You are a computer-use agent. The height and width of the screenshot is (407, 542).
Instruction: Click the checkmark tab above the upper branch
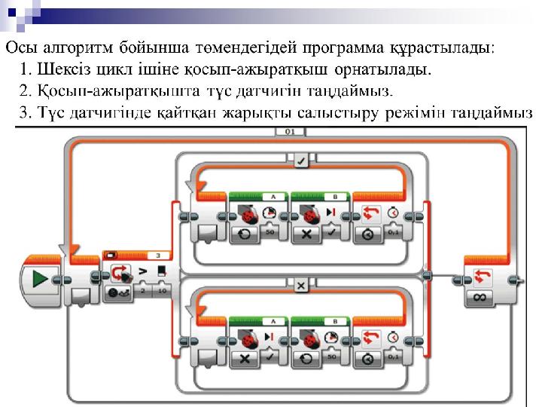coord(300,159)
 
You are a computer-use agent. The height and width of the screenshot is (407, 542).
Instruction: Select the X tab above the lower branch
coord(300,286)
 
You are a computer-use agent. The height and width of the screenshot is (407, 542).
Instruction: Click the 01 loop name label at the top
coord(290,132)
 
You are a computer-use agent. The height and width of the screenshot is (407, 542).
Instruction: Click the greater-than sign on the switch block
coord(141,271)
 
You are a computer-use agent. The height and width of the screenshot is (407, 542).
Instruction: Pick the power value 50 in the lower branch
coord(329,358)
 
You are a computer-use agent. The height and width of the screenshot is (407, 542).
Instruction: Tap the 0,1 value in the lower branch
coord(391,358)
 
